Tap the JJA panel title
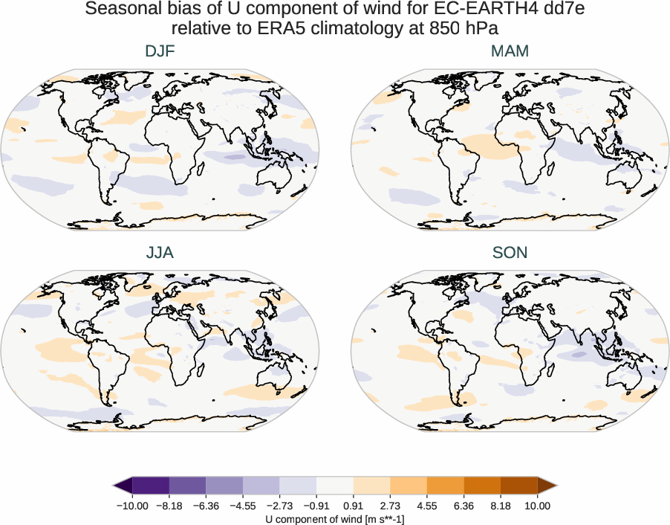160,252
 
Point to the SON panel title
510,252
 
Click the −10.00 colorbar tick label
133,506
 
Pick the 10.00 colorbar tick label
537,506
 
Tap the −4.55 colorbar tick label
243,506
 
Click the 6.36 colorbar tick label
464,506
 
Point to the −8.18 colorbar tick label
169,506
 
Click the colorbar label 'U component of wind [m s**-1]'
335,518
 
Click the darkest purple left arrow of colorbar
123,486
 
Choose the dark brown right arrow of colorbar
547,486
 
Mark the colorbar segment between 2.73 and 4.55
409,486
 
